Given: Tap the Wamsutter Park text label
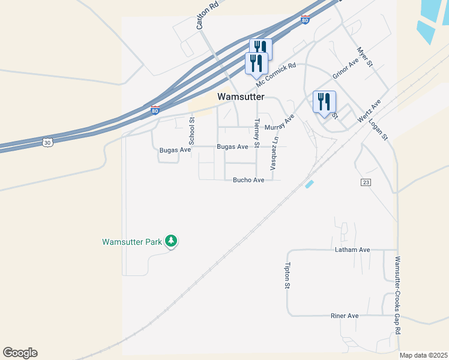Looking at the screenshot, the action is (x=132, y=242).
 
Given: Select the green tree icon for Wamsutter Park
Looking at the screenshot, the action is (x=171, y=241).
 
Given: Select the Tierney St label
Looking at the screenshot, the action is (x=257, y=133).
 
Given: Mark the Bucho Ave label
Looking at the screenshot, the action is (x=249, y=180).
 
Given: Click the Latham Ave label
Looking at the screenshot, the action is (x=353, y=250).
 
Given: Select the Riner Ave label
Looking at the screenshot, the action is (x=345, y=316).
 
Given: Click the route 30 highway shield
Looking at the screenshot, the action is (x=47, y=142).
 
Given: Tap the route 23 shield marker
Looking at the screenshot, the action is (x=366, y=182).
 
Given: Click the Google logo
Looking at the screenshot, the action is (x=20, y=353).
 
